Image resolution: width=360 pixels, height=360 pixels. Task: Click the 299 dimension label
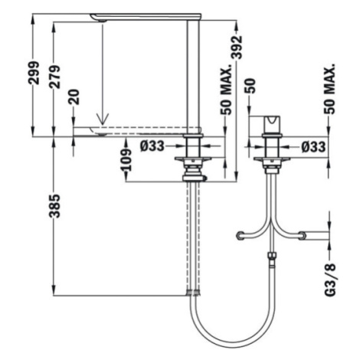click(34, 73)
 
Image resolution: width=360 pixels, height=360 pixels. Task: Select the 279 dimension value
click(54, 77)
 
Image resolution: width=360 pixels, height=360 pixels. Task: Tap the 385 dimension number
click(54, 206)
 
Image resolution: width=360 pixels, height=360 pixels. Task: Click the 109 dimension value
click(126, 160)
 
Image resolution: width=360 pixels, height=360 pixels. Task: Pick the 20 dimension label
click(74, 97)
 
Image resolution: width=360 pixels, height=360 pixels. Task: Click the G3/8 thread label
click(331, 280)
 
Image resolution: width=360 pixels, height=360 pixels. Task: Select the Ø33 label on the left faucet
click(152, 146)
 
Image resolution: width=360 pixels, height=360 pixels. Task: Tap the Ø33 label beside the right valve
click(313, 147)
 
